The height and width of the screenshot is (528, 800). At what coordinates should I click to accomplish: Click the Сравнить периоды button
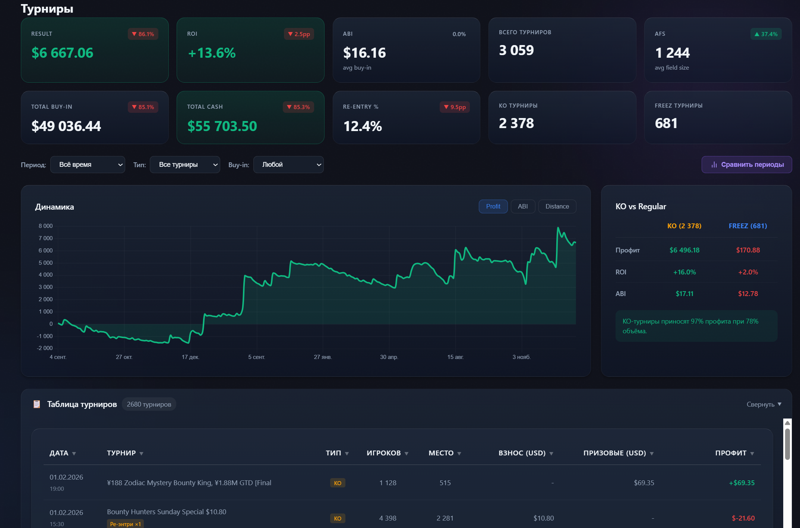pyautogui.click(x=746, y=165)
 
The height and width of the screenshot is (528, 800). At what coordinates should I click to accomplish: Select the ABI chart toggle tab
pyautogui.click(x=522, y=206)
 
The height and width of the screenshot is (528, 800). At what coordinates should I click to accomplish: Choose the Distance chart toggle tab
pyautogui.click(x=557, y=206)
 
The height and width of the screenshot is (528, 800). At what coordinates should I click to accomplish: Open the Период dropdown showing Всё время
pyautogui.click(x=88, y=165)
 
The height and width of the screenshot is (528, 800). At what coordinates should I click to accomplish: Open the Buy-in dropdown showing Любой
pyautogui.click(x=288, y=165)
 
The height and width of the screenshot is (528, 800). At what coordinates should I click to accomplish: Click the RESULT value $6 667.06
pyautogui.click(x=62, y=53)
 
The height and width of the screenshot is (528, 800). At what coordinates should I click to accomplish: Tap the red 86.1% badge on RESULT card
pyautogui.click(x=143, y=34)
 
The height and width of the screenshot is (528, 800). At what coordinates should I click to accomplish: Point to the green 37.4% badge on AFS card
pyautogui.click(x=766, y=34)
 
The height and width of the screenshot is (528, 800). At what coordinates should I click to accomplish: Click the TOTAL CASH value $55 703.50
pyautogui.click(x=222, y=126)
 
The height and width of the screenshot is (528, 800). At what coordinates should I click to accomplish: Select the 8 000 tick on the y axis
pyautogui.click(x=45, y=226)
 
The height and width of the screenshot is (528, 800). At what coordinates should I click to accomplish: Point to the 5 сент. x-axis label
pyautogui.click(x=256, y=357)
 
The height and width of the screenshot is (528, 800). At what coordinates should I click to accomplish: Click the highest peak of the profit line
pyautogui.click(x=558, y=228)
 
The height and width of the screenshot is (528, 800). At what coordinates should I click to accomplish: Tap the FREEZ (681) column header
pyautogui.click(x=747, y=226)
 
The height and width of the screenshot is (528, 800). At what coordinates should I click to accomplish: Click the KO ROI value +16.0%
pyautogui.click(x=684, y=272)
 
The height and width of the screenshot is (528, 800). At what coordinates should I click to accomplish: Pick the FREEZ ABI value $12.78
pyautogui.click(x=747, y=294)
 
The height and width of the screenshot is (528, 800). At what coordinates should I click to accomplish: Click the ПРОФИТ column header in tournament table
pyautogui.click(x=731, y=453)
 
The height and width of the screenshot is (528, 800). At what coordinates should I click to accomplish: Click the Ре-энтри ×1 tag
pyautogui.click(x=125, y=524)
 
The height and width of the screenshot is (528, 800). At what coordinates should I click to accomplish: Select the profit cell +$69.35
pyautogui.click(x=741, y=483)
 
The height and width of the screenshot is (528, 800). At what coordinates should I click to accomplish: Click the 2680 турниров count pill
pyautogui.click(x=149, y=404)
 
